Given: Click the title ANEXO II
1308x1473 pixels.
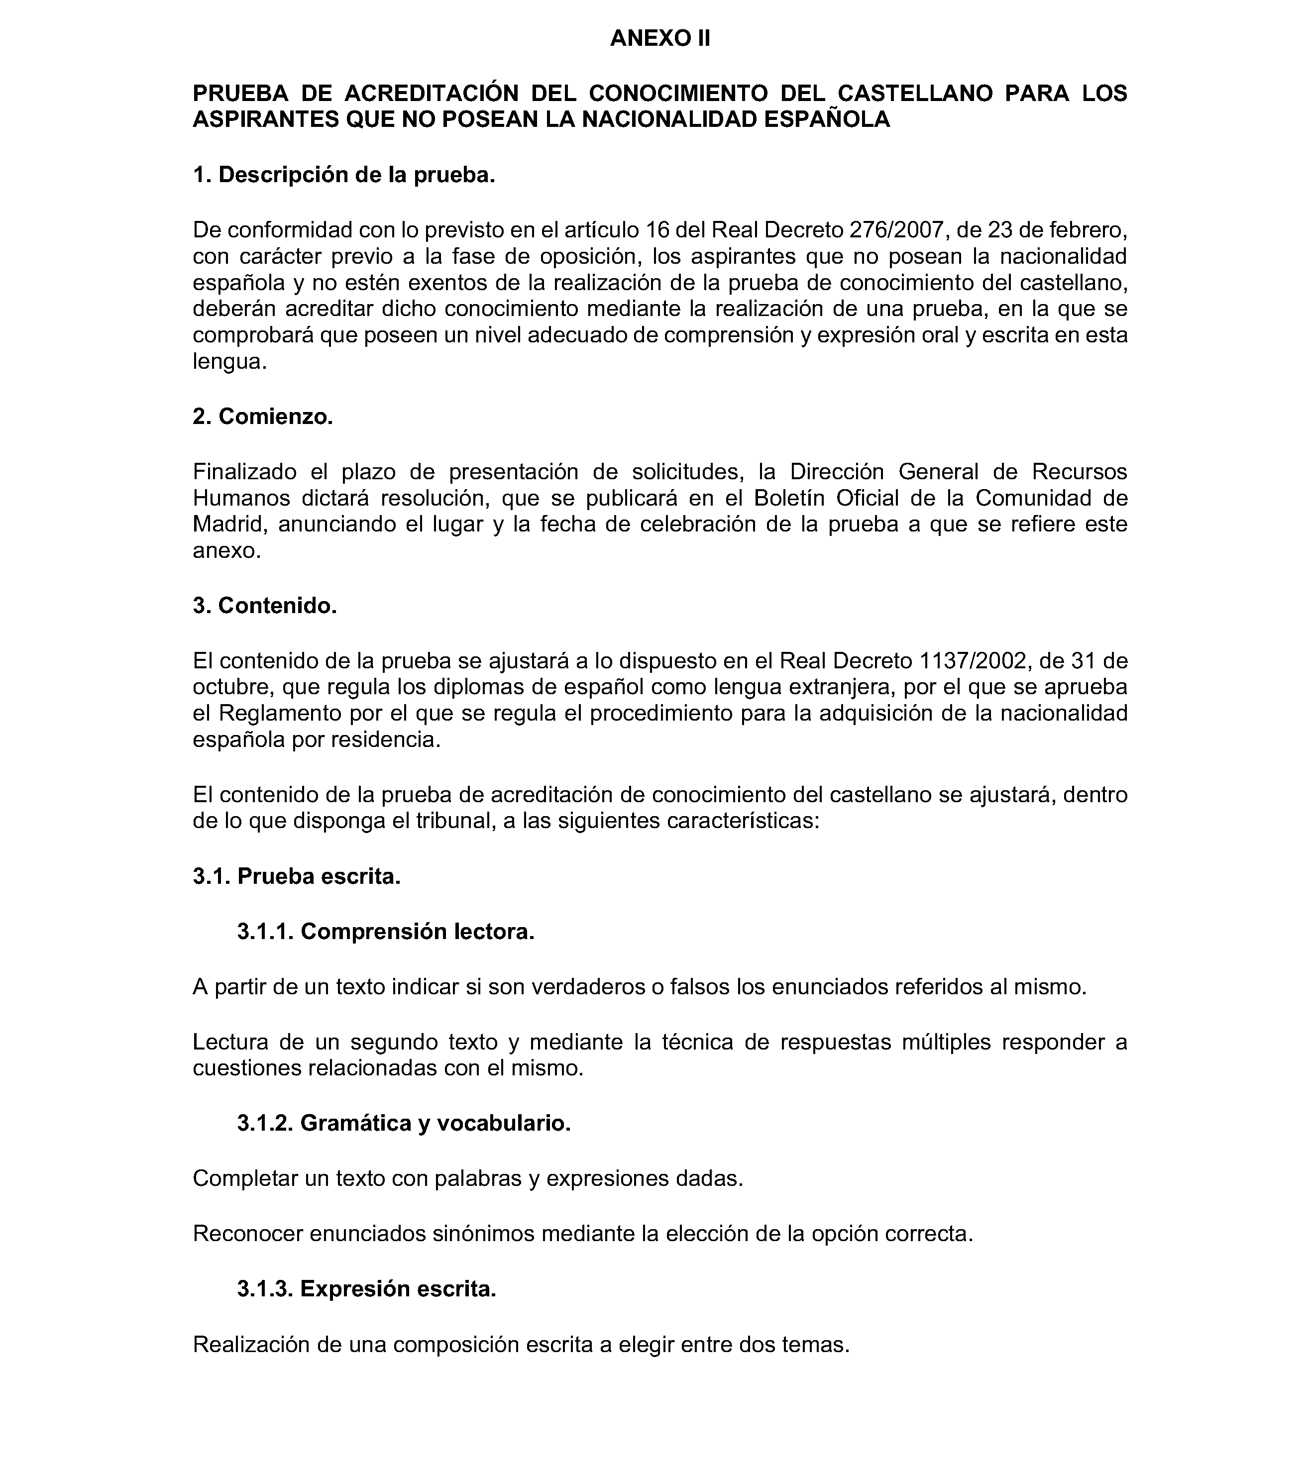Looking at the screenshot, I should [x=659, y=38].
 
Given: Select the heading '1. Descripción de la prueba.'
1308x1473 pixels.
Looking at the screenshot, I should [x=344, y=174].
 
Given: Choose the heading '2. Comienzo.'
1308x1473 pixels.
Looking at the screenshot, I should [x=262, y=416].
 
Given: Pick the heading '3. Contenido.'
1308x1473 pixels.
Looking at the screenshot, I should [x=264, y=605].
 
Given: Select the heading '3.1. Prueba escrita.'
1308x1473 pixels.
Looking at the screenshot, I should [x=296, y=876].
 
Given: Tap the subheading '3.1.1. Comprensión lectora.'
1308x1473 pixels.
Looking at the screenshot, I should [x=386, y=932].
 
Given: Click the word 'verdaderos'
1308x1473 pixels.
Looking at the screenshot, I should [x=583, y=987].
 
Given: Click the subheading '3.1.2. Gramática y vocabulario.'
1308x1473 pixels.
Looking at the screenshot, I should [x=404, y=1123].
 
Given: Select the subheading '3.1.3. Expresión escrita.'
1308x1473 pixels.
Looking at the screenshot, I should [x=366, y=1288].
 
